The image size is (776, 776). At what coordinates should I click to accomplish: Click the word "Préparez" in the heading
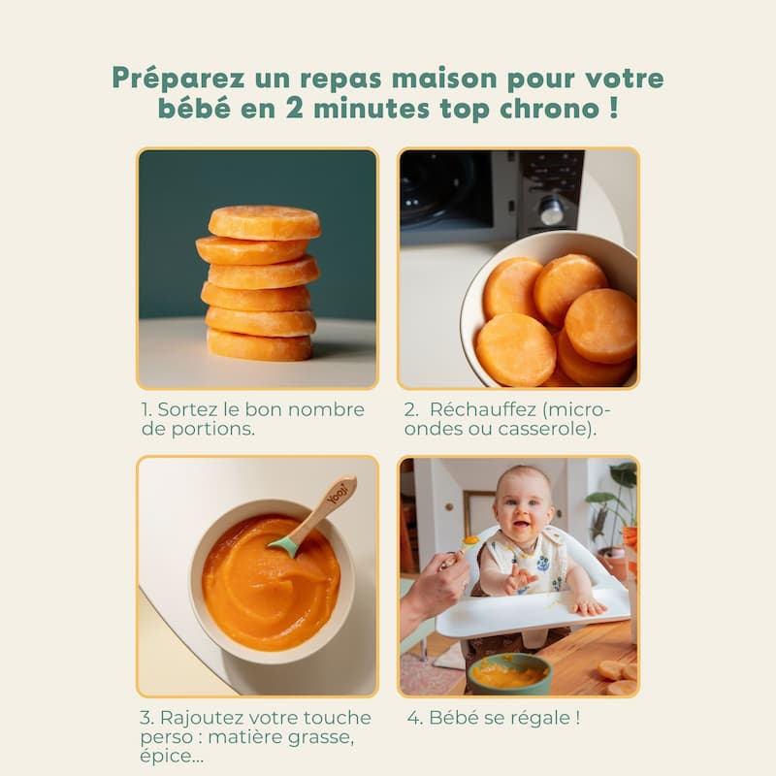click(178, 79)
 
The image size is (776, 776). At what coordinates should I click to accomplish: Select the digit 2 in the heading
click(295, 109)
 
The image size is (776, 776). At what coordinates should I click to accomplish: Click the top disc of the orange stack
click(264, 222)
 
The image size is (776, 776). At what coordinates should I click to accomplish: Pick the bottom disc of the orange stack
click(259, 344)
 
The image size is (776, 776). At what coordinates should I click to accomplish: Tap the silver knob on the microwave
click(552, 210)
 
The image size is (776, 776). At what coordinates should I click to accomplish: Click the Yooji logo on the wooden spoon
click(338, 493)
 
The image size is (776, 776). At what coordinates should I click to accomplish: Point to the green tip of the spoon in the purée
click(284, 546)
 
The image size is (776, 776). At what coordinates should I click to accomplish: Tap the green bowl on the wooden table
click(508, 673)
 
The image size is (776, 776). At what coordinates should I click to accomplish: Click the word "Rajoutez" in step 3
click(202, 718)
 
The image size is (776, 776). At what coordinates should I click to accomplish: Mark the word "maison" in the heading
click(444, 79)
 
